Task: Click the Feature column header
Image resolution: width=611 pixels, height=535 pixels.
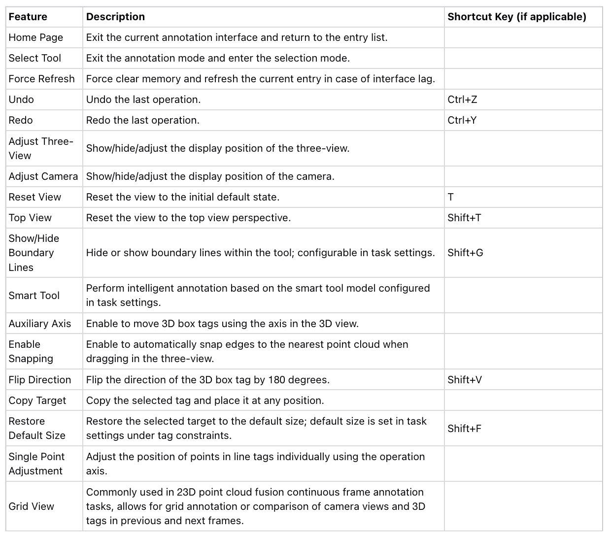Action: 28,17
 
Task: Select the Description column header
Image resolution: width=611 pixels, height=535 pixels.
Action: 115,17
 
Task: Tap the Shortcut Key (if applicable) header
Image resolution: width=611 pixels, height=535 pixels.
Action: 516,17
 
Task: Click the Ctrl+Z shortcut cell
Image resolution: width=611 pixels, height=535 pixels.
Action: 462,100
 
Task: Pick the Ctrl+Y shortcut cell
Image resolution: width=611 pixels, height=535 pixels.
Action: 462,120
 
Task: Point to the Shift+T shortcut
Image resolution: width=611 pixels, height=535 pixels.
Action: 464,218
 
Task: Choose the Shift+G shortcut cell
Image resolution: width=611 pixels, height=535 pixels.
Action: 465,253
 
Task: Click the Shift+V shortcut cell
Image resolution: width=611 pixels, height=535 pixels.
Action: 465,380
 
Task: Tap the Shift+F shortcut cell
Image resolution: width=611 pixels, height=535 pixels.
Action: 464,429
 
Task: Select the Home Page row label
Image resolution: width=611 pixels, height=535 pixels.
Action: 36,37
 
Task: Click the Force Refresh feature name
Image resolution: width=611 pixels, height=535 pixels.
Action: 42,79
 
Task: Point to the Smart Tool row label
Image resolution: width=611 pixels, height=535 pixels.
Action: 34,296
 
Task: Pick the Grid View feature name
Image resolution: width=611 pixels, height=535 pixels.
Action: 32,506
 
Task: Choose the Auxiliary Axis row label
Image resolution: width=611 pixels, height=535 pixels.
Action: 40,324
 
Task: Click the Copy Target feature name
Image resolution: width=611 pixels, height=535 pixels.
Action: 37,401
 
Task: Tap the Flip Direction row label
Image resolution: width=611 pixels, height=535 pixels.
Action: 40,380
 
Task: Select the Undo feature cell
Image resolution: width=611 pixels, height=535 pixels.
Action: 21,100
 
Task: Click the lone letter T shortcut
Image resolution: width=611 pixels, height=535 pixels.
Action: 450,197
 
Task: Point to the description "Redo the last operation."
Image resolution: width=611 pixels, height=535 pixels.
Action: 143,120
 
